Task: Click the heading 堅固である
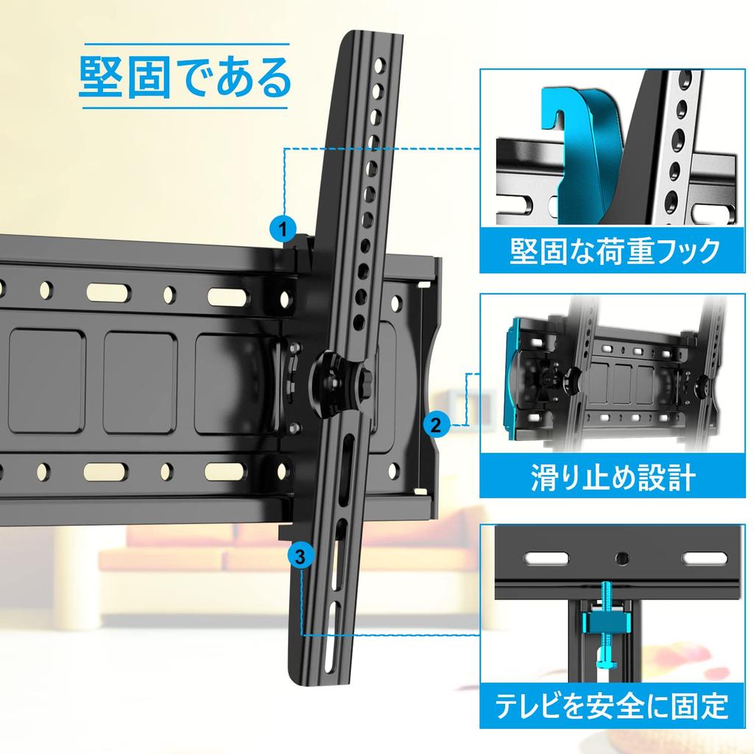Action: [184, 77]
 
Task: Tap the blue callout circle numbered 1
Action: [283, 228]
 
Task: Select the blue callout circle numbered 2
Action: [436, 425]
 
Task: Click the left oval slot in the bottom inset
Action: [546, 558]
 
